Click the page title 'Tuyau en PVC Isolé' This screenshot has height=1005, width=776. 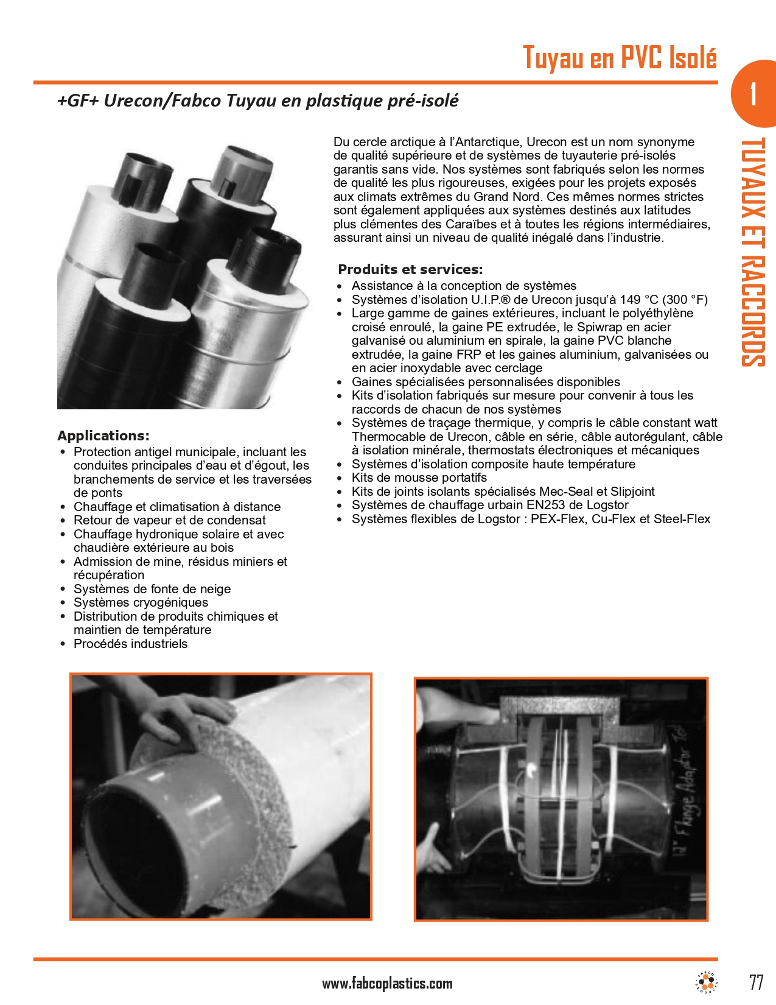coord(620,58)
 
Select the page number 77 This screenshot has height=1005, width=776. coord(756,982)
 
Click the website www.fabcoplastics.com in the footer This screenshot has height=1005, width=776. coord(387,983)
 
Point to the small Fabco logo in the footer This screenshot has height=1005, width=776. coord(707,982)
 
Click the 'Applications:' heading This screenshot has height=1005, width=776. coord(103,435)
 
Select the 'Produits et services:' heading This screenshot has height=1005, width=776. coord(410,269)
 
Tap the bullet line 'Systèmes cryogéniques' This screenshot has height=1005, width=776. coord(141,602)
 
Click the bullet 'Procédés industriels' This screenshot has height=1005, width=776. coord(130,644)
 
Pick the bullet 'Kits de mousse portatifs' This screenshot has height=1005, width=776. coord(419,478)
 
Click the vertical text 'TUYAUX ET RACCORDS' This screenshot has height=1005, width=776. coord(752,252)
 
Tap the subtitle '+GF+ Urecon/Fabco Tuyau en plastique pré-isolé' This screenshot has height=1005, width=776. coord(258,100)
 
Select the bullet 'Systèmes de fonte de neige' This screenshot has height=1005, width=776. coord(152,589)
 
